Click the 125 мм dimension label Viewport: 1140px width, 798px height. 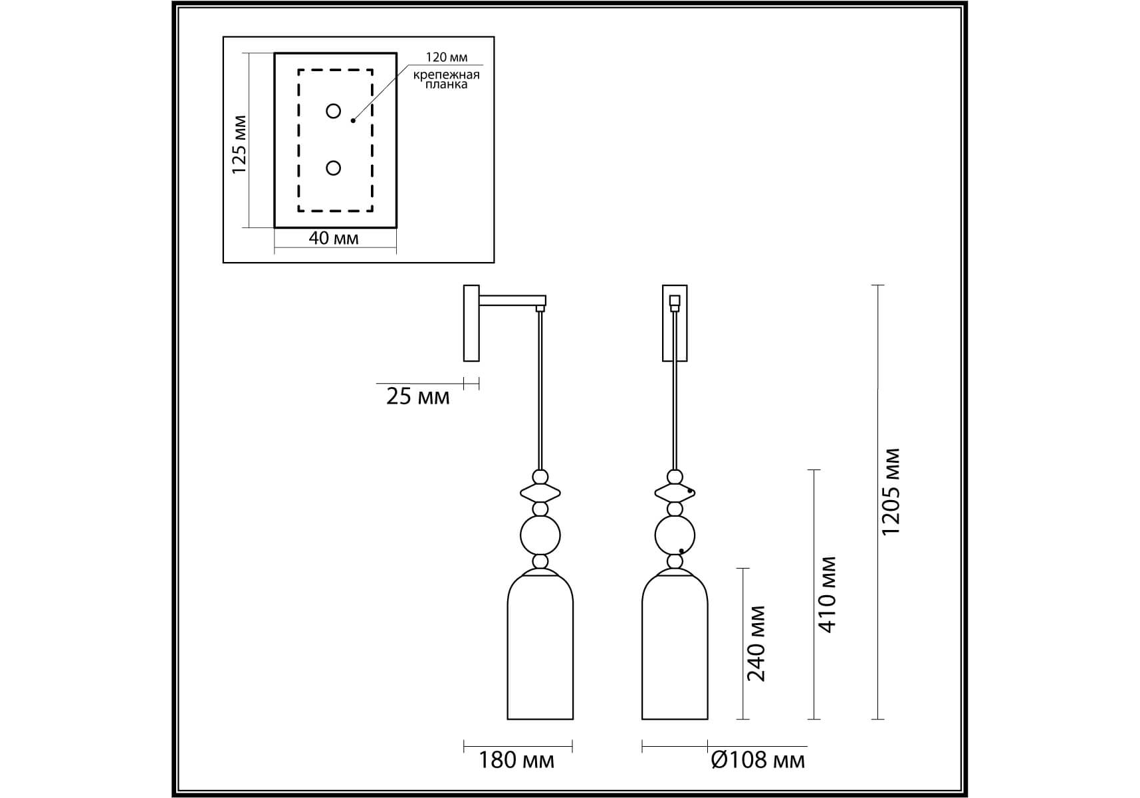pyautogui.click(x=239, y=145)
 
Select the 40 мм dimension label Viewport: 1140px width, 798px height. pyautogui.click(x=334, y=238)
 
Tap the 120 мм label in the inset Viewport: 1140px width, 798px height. pyautogui.click(x=447, y=58)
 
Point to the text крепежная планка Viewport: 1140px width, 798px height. pyautogui.click(x=447, y=79)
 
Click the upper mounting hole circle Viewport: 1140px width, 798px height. pyautogui.click(x=334, y=111)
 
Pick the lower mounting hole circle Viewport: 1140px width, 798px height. pyautogui.click(x=334, y=168)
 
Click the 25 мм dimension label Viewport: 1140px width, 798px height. pyautogui.click(x=418, y=397)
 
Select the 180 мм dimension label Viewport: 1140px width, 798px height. pyautogui.click(x=516, y=760)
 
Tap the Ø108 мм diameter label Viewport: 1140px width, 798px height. pyautogui.click(x=758, y=760)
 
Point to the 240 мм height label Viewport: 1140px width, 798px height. pyautogui.click(x=757, y=644)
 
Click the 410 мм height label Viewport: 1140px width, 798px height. pyautogui.click(x=826, y=594)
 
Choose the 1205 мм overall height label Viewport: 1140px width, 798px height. pyautogui.click(x=891, y=492)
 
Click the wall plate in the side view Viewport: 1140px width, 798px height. pyautogui.click(x=471, y=323)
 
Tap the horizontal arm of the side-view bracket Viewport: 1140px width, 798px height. pyautogui.click(x=513, y=301)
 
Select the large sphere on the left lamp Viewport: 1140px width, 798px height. pyautogui.click(x=540, y=535)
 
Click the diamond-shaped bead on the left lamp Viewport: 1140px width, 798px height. pyautogui.click(x=540, y=493)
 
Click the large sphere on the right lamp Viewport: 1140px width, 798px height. pyautogui.click(x=675, y=535)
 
